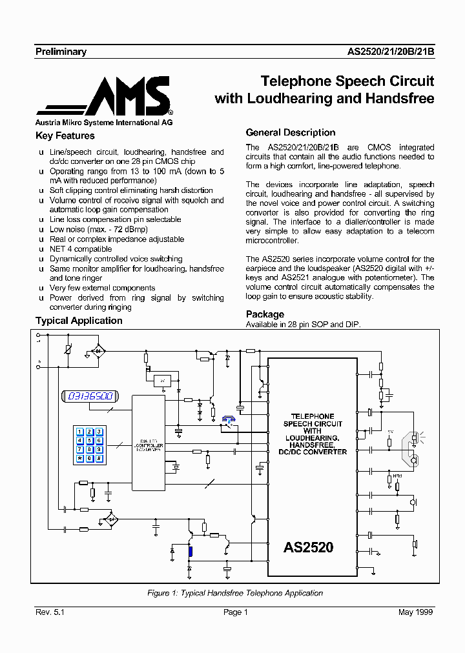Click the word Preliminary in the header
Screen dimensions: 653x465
pos(61,52)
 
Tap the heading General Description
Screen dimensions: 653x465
pos(291,132)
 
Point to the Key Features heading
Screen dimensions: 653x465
pos(65,136)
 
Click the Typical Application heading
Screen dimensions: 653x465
pos(79,321)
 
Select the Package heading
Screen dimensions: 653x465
pos(265,314)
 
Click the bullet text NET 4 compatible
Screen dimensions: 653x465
pos(81,249)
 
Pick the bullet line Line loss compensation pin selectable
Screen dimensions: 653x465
pos(115,219)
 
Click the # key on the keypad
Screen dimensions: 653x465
pos(99,459)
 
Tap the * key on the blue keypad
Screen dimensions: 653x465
pos(80,459)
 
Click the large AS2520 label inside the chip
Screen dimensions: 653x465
pos(309,548)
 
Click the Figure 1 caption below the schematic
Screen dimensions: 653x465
pos(235,593)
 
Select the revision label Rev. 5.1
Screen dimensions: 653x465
pos(50,612)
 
